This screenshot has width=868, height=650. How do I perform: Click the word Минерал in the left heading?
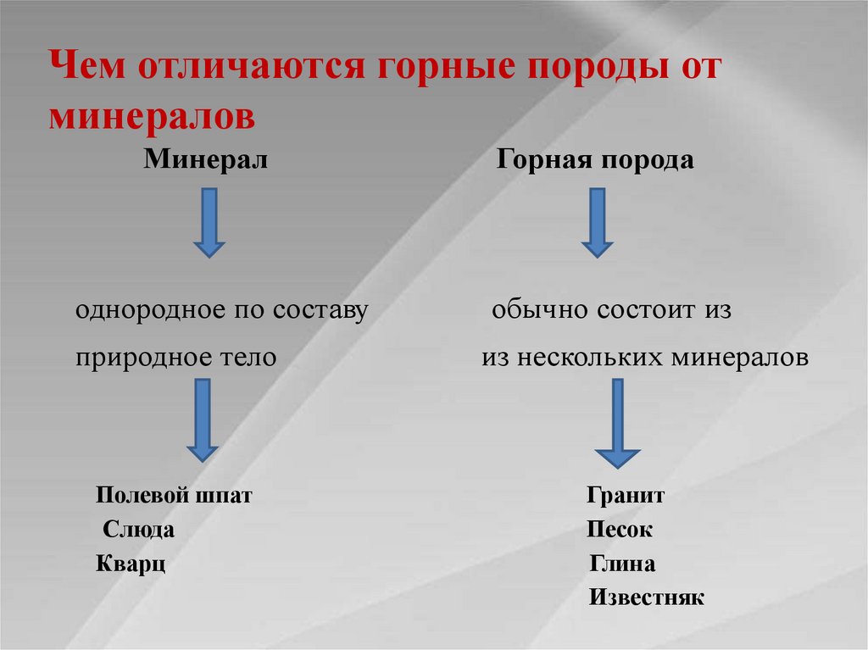point(205,159)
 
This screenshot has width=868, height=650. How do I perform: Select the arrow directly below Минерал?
point(209,222)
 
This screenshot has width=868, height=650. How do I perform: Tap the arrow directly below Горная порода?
point(597,222)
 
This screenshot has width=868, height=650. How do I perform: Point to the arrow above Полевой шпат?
point(202,419)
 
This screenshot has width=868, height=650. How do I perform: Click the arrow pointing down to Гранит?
point(616,422)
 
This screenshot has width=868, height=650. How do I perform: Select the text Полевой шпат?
point(174,496)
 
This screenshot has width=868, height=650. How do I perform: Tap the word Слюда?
point(139,531)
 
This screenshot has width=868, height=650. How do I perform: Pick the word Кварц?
point(131,564)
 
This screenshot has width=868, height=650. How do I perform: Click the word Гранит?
point(625,496)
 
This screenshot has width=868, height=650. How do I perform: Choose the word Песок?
point(619,531)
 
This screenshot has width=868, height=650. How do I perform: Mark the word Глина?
point(622,564)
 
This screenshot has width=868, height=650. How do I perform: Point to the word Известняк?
point(646,597)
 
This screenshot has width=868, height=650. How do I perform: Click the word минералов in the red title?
point(152,115)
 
